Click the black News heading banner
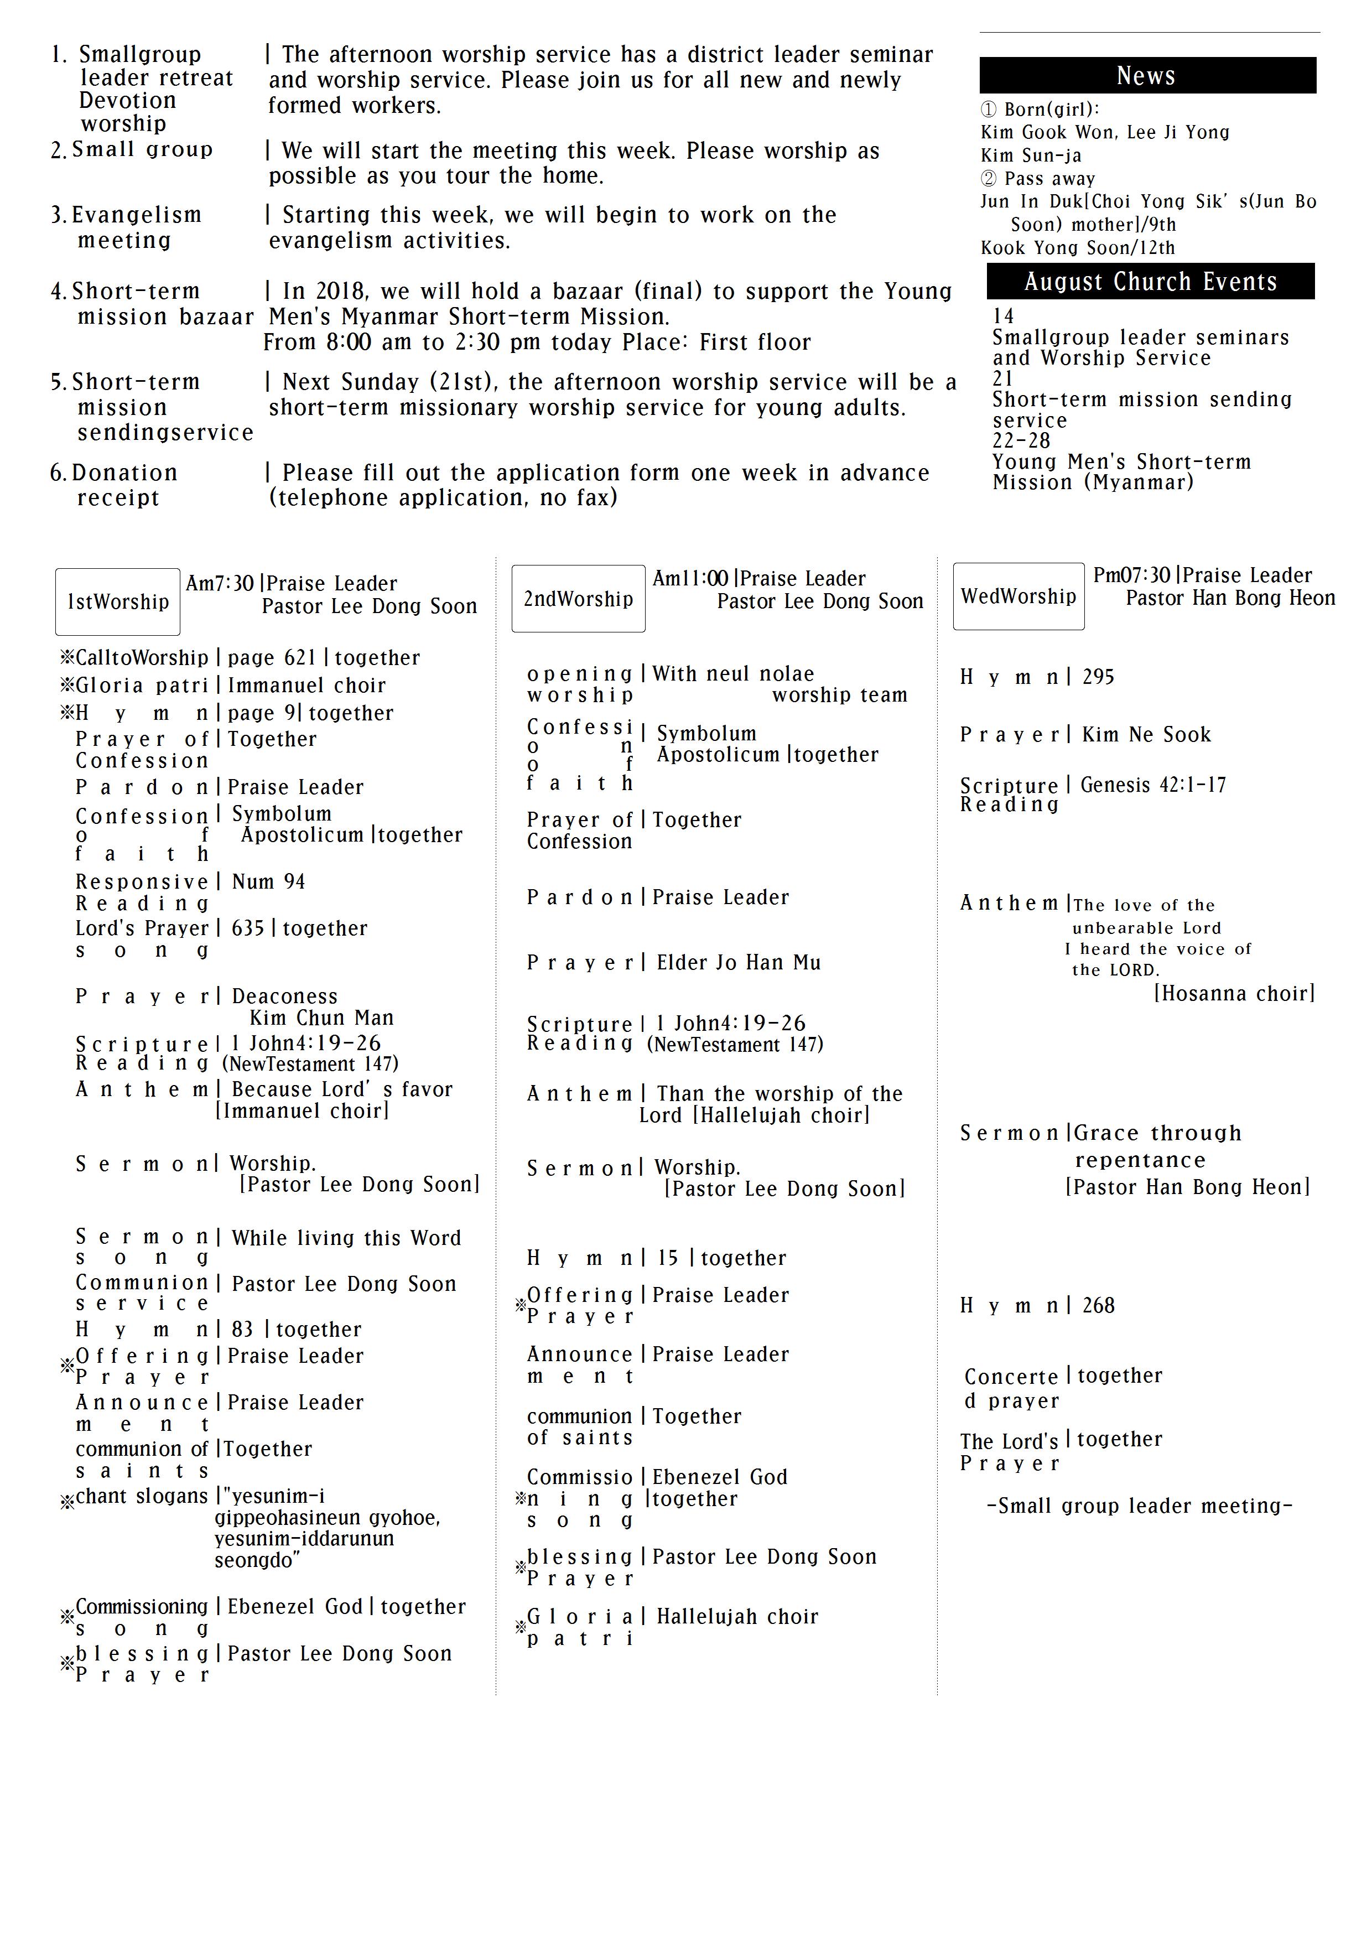pos(1147,75)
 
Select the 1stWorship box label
pos(117,602)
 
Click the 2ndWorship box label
pos(578,599)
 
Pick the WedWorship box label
pos(1018,596)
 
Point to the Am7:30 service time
pos(220,583)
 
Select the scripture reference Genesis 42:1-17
pos(1153,785)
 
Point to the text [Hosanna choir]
pos(1234,993)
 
